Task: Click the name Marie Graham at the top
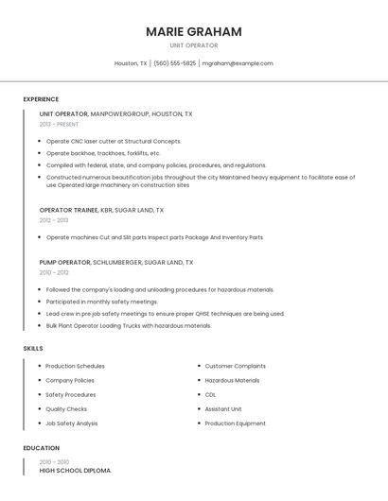194,31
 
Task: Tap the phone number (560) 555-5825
174,63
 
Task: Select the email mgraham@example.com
238,63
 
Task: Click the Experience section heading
41,99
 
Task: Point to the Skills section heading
33,349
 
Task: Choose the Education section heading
41,447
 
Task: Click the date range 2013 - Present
59,124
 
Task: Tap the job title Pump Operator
64,262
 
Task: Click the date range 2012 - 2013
54,220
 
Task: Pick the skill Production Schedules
75,366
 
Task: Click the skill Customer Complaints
235,366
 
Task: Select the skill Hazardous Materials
232,380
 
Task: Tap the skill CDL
210,394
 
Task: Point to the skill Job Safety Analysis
71,423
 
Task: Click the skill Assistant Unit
223,409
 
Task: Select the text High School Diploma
75,470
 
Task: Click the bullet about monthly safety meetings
101,302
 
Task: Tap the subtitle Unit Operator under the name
194,45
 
